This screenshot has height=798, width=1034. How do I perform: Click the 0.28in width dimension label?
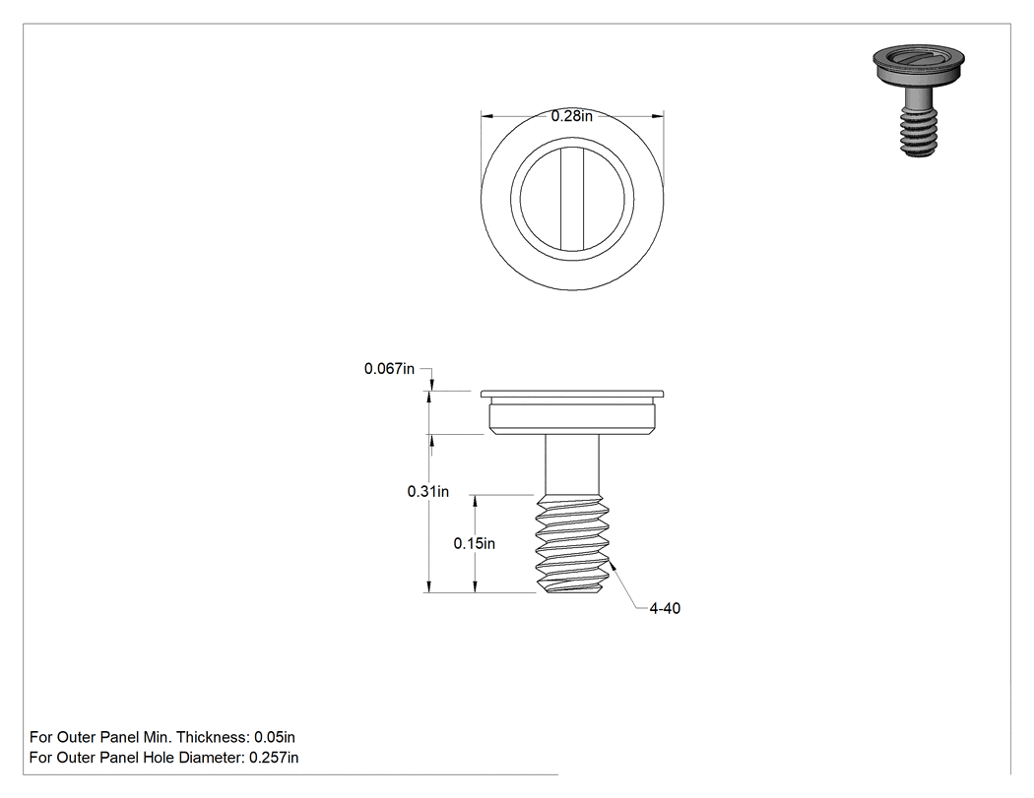pos(572,116)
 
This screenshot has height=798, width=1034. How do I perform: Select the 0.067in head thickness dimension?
pos(389,368)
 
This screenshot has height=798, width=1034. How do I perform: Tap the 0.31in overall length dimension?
pos(428,491)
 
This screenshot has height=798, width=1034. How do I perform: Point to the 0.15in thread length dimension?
pos(474,543)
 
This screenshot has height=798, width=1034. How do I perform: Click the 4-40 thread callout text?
pos(665,608)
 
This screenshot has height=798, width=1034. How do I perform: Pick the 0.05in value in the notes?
pos(275,737)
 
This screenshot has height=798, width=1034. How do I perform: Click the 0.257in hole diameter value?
pos(274,758)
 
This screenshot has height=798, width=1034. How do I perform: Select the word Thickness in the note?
pos(212,737)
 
